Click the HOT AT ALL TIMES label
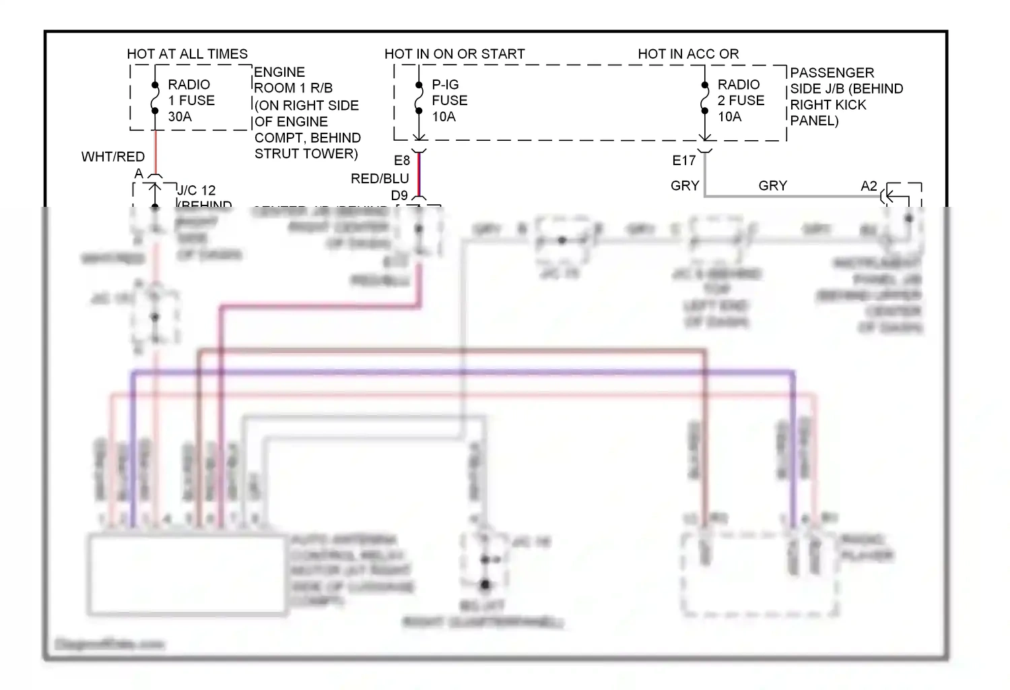click(187, 54)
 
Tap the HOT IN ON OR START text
click(454, 54)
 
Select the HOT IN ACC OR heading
click(688, 54)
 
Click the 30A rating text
click(180, 117)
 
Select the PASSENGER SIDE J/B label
click(846, 96)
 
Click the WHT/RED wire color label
click(113, 157)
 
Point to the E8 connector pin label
click(402, 161)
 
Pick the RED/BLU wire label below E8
click(380, 179)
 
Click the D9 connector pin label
click(399, 195)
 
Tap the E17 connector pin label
click(684, 161)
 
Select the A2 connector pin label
click(869, 186)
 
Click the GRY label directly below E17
click(685, 186)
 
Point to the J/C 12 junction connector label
click(196, 191)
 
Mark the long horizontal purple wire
click(465, 372)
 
